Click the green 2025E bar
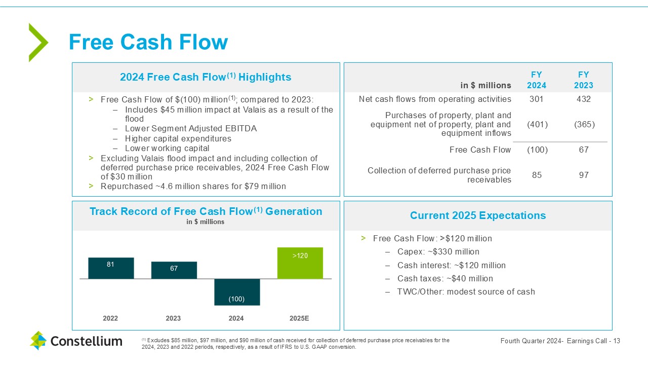(x=300, y=263)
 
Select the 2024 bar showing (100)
(x=237, y=292)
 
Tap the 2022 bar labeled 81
(x=111, y=268)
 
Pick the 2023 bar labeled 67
(x=174, y=270)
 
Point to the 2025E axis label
(x=299, y=318)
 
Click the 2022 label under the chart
(x=110, y=318)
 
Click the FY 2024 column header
(x=536, y=80)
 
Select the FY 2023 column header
(x=584, y=80)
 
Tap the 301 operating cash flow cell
(x=536, y=99)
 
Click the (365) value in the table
(x=584, y=125)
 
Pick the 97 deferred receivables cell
(x=584, y=175)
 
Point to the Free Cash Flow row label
(x=480, y=150)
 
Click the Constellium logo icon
(x=38, y=341)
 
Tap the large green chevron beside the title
(x=38, y=43)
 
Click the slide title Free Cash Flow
(x=148, y=42)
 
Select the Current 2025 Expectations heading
(x=478, y=215)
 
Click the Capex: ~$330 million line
(x=438, y=252)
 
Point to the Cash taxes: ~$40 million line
(x=445, y=278)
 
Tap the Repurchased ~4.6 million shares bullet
(x=193, y=186)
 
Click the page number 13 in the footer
(x=617, y=341)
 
